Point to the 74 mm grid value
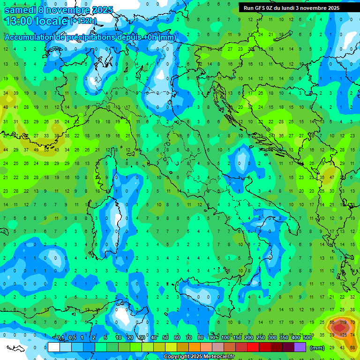(x=352, y=335)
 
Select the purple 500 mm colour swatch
(x=300, y=347)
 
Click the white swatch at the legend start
(x=54, y=347)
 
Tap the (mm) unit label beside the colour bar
(x=317, y=348)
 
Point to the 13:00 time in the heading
(x=19, y=21)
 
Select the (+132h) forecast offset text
(x=83, y=21)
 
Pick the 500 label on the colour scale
(x=307, y=338)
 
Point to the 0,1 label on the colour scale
(x=60, y=338)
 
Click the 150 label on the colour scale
(x=237, y=338)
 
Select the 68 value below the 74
(x=352, y=347)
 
